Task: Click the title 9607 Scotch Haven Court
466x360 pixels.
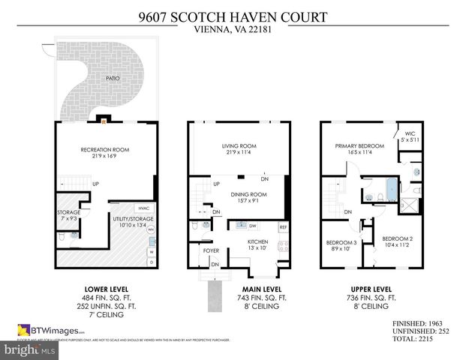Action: click(x=233, y=15)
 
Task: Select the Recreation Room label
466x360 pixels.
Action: click(x=105, y=150)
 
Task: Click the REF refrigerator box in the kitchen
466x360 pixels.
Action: click(x=283, y=227)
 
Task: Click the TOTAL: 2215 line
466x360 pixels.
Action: click(x=418, y=339)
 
